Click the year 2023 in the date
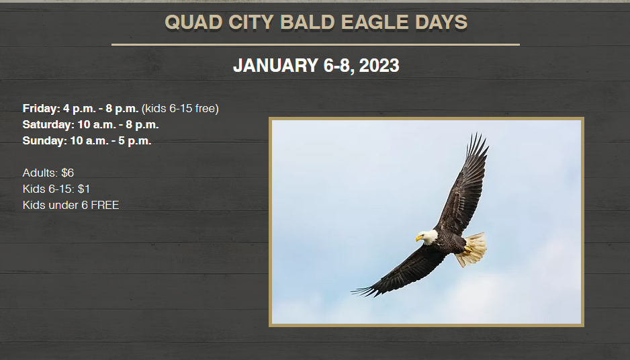click(379, 66)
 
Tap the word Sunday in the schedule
click(44, 140)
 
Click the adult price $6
click(67, 173)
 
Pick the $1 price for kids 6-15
click(84, 189)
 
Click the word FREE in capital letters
click(105, 205)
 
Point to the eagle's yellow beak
click(419, 238)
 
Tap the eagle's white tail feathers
click(473, 250)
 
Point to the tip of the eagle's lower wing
click(352, 291)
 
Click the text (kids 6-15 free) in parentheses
click(180, 109)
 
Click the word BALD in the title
click(308, 22)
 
